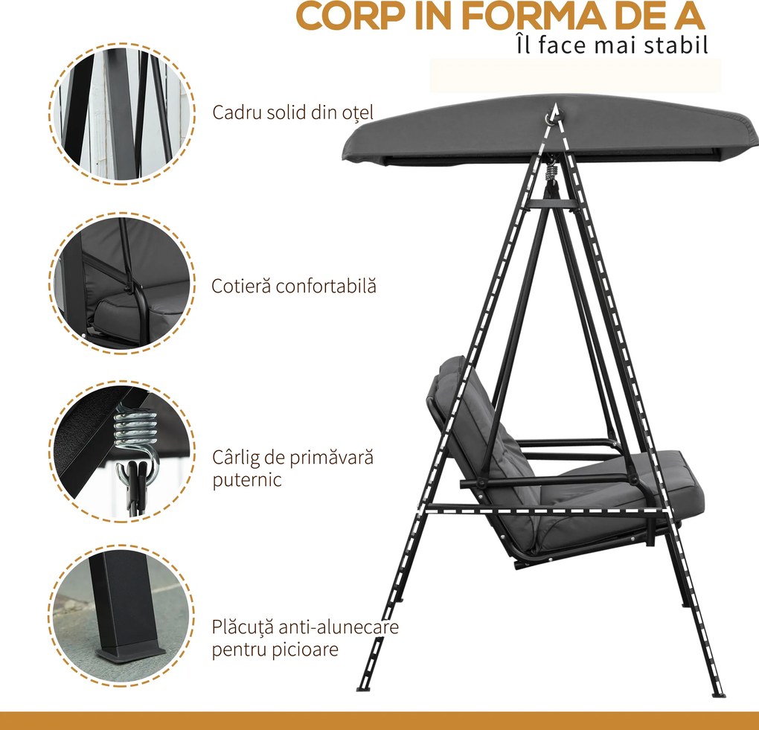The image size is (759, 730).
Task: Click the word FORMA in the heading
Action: tap(538, 16)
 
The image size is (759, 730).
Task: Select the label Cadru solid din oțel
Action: tap(293, 112)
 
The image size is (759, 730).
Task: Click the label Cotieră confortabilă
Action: tap(293, 286)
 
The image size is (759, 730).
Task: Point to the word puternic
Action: tap(247, 480)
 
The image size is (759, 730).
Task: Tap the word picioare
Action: tap(304, 650)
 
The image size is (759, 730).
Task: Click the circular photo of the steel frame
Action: tap(122, 115)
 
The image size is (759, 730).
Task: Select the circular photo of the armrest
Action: tap(122, 284)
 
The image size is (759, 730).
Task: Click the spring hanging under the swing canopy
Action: tap(551, 171)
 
